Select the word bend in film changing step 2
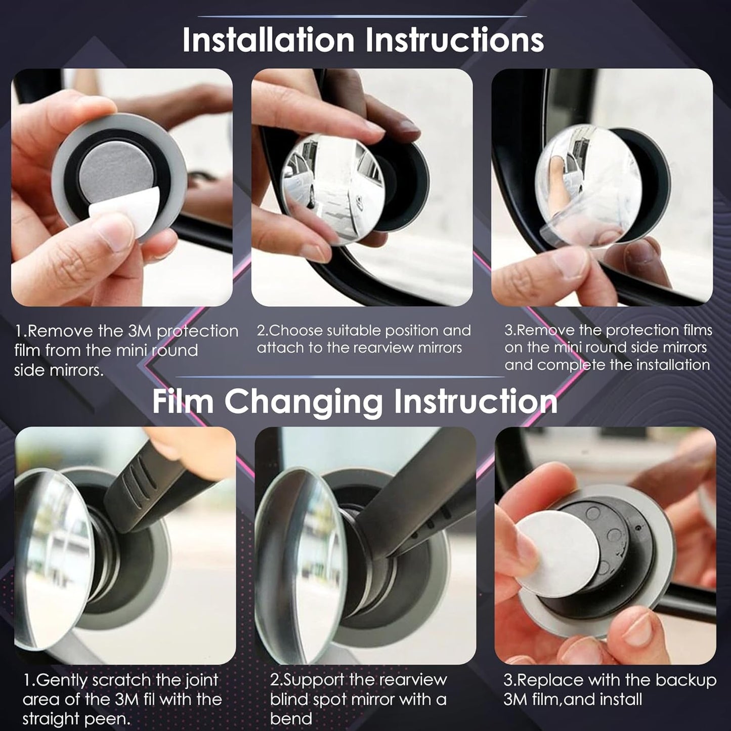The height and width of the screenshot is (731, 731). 291,719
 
